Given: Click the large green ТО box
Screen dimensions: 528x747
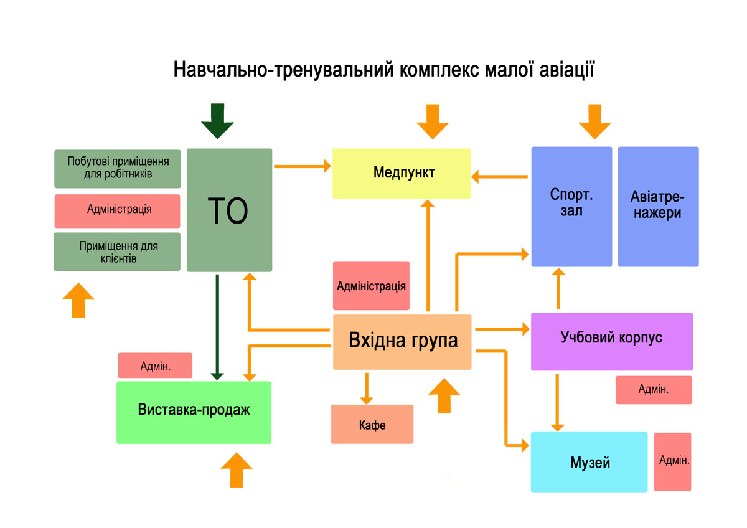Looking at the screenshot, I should (229, 210).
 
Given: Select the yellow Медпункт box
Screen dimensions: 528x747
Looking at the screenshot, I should (401, 173).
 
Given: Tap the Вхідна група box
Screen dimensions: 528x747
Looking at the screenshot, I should (402, 341).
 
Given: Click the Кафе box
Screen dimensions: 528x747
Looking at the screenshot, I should (372, 425).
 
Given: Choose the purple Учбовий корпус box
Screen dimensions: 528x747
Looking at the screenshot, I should (611, 341).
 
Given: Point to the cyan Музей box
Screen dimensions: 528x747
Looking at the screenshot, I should (589, 462).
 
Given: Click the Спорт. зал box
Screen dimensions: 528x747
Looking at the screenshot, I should (571, 206).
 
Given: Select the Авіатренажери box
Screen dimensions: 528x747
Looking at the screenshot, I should (658, 206).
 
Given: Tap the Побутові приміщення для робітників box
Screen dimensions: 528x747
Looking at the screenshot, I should (118, 168).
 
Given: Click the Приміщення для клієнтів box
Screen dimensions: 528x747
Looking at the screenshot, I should (118, 252).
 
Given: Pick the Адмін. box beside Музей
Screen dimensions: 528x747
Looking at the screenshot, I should (672, 461).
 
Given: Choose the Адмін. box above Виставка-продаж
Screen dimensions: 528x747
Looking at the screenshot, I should (155, 365).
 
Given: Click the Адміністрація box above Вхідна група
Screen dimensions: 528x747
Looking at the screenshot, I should (371, 286).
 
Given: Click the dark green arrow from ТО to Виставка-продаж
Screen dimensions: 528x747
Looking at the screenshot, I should (217, 327).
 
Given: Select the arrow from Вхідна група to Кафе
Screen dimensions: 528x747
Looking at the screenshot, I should (366, 389).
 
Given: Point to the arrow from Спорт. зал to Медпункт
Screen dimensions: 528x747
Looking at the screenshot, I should (499, 177).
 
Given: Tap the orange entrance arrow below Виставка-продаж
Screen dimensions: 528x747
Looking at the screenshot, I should (237, 470).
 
